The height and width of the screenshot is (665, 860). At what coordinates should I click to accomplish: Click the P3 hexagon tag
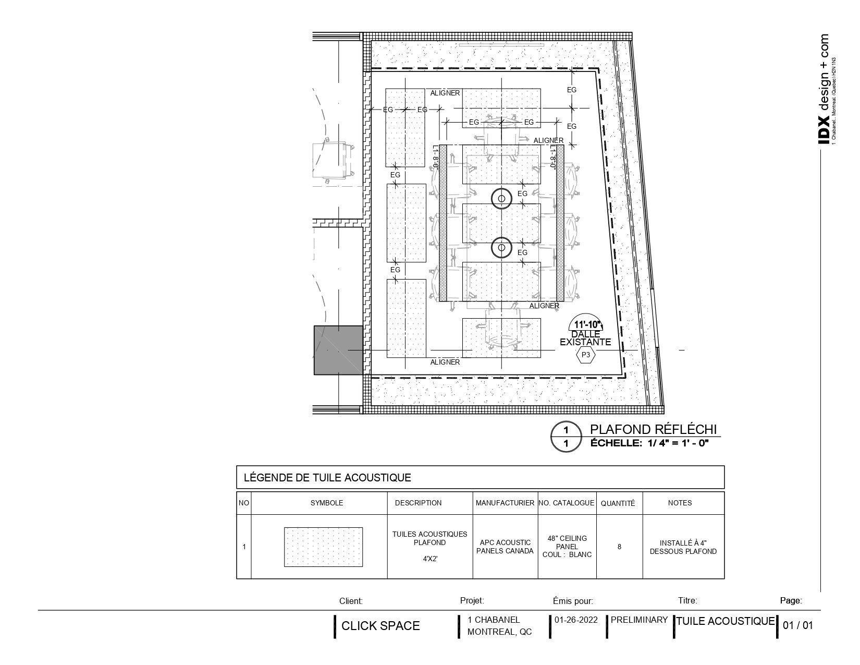pyautogui.click(x=586, y=355)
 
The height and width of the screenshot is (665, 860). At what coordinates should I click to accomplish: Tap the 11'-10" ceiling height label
pyautogui.click(x=585, y=324)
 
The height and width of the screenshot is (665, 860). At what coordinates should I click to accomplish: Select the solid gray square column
pyautogui.click(x=338, y=350)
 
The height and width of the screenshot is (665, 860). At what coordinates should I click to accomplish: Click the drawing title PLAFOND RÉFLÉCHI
pyautogui.click(x=653, y=429)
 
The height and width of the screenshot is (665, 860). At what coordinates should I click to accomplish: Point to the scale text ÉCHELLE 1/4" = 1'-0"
pyautogui.click(x=649, y=443)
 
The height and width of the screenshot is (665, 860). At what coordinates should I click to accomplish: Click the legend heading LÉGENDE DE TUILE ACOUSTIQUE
pyautogui.click(x=327, y=477)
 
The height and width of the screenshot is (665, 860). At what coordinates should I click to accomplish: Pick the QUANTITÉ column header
pyautogui.click(x=618, y=503)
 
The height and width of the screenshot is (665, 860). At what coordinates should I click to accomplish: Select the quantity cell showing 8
pyautogui.click(x=619, y=547)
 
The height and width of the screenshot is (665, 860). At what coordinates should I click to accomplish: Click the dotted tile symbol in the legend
pyautogui.click(x=323, y=547)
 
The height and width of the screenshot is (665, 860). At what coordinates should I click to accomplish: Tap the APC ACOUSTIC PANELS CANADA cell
pyautogui.click(x=505, y=547)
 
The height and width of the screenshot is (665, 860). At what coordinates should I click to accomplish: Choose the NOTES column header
pyautogui.click(x=680, y=503)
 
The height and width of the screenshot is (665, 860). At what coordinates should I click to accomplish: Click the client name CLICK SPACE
pyautogui.click(x=380, y=626)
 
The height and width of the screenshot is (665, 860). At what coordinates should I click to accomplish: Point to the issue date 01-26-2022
pyautogui.click(x=576, y=620)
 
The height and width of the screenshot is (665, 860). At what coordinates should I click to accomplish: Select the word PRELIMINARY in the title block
pyautogui.click(x=639, y=620)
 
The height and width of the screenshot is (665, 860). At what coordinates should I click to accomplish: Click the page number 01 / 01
pyautogui.click(x=798, y=625)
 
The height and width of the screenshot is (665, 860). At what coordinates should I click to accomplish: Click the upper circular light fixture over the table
pyautogui.click(x=501, y=198)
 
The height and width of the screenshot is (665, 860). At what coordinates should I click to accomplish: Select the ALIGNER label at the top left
pyautogui.click(x=445, y=93)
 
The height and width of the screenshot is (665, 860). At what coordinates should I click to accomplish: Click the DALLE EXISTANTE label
pyautogui.click(x=585, y=338)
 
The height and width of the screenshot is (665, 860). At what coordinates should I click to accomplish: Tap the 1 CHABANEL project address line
pyautogui.click(x=494, y=620)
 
